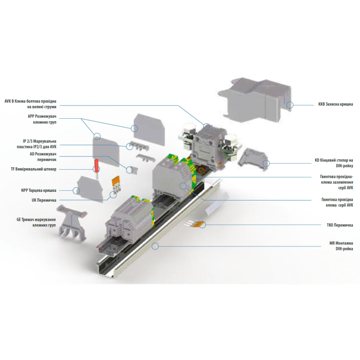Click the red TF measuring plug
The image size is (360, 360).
coord(97,168)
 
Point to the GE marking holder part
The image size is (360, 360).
coord(72,223)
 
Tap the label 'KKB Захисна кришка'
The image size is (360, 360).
coord(335,104)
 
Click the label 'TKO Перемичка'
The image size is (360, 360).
coord(340,225)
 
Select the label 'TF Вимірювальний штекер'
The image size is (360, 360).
coord(33,169)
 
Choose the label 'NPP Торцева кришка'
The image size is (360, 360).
coord(39,190)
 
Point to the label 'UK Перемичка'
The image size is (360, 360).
coord(44,200)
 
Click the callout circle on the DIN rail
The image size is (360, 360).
coord(155,246)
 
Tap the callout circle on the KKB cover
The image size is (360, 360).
coord(290,105)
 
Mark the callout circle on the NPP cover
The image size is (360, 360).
coord(76,190)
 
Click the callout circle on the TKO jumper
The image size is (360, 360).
coord(202,225)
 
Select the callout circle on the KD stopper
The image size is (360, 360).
coord(266,164)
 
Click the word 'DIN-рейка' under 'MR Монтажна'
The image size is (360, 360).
coord(344,248)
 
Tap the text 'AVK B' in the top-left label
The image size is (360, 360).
coord(9,101)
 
